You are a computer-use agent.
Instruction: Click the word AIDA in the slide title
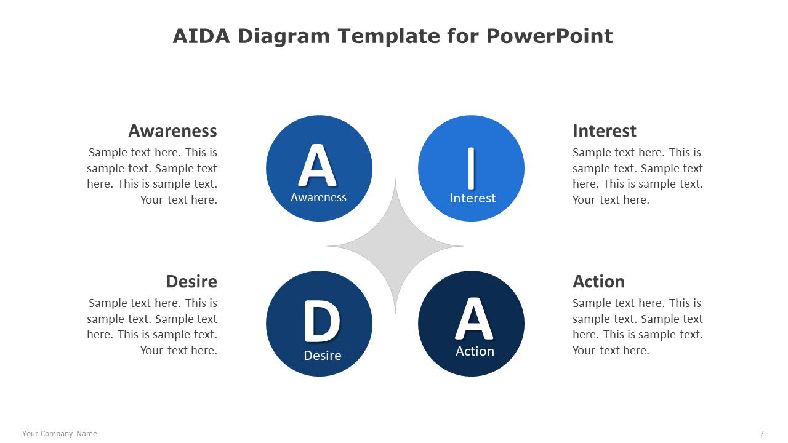click(201, 36)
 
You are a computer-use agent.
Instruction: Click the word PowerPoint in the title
click(550, 36)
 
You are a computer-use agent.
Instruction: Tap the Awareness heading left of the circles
click(173, 131)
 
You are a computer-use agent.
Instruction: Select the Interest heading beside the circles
click(605, 131)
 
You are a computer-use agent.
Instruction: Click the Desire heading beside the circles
click(191, 282)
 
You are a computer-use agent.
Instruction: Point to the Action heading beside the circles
click(598, 282)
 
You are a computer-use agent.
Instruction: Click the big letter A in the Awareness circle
click(318, 165)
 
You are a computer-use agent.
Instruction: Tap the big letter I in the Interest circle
click(472, 168)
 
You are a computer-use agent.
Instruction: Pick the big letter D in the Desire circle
click(322, 321)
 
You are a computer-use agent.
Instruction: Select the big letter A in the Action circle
click(474, 319)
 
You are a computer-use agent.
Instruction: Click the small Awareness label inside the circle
click(318, 198)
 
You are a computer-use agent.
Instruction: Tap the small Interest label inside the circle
click(472, 198)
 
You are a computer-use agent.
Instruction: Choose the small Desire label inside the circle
click(323, 356)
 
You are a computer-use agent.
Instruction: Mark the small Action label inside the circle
click(475, 351)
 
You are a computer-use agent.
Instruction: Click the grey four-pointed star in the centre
click(395, 246)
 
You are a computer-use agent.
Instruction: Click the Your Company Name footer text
click(60, 434)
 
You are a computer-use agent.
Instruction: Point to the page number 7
click(762, 434)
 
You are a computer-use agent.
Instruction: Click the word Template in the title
click(388, 36)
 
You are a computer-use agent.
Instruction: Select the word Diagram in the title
click(284, 37)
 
